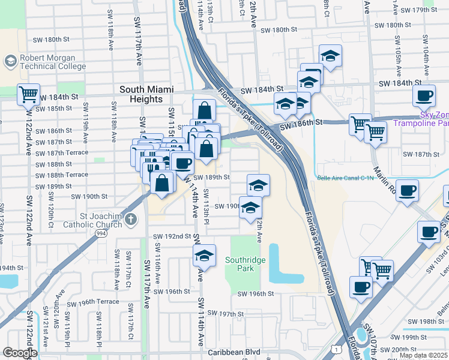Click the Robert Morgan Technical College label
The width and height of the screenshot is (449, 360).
click(x=52, y=62)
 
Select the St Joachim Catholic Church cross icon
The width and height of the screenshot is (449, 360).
click(x=132, y=220)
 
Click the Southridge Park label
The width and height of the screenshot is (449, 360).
click(x=244, y=264)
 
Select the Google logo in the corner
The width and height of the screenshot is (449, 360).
click(x=20, y=353)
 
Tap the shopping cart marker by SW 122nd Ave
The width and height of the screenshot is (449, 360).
click(x=28, y=94)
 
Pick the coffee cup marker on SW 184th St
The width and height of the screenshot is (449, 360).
click(x=424, y=95)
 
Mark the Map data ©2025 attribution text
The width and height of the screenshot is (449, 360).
click(x=423, y=355)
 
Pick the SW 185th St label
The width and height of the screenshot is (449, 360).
click(x=53, y=109)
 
